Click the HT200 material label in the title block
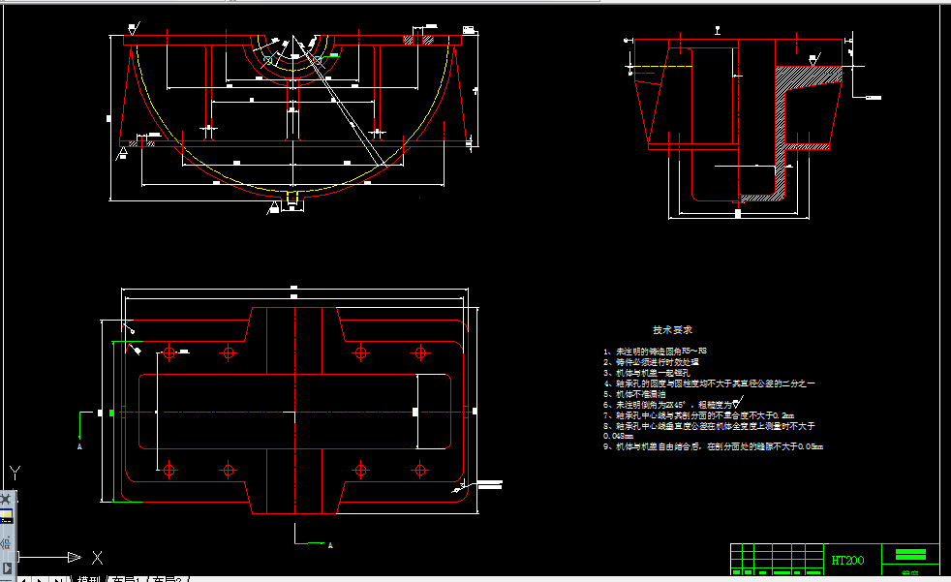[848, 560]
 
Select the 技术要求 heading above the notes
[672, 330]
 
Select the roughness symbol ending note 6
[739, 404]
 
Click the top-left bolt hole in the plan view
[169, 352]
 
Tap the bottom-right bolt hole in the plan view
[421, 471]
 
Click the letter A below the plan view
[330, 545]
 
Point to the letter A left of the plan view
[79, 447]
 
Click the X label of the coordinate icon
[97, 557]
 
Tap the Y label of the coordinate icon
[15, 473]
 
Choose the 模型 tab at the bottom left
[88, 578]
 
